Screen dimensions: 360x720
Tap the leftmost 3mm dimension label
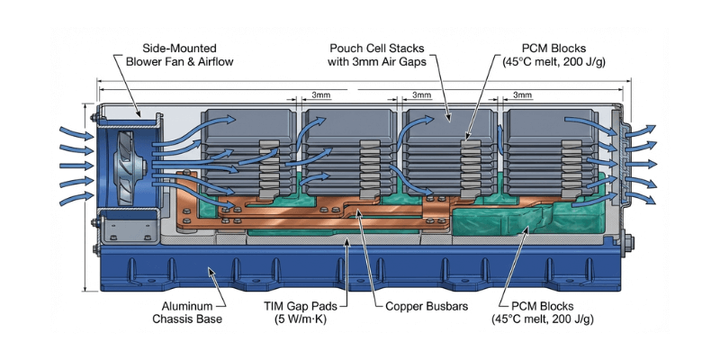coord(319,94)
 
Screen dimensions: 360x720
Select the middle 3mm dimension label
coord(420,94)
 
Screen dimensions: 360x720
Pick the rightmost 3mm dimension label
coord(521,94)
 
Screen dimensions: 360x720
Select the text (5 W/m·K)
coord(296,319)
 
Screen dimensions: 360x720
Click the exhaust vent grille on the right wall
coord(621,157)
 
